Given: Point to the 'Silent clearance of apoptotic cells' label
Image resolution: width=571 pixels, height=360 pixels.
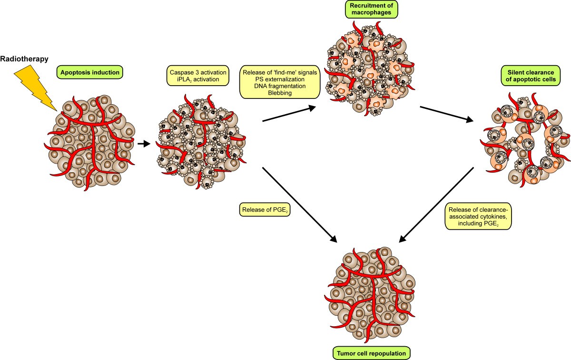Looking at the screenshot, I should (x=525, y=76).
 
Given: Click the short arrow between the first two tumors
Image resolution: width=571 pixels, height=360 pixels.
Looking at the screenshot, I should (x=141, y=142).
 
